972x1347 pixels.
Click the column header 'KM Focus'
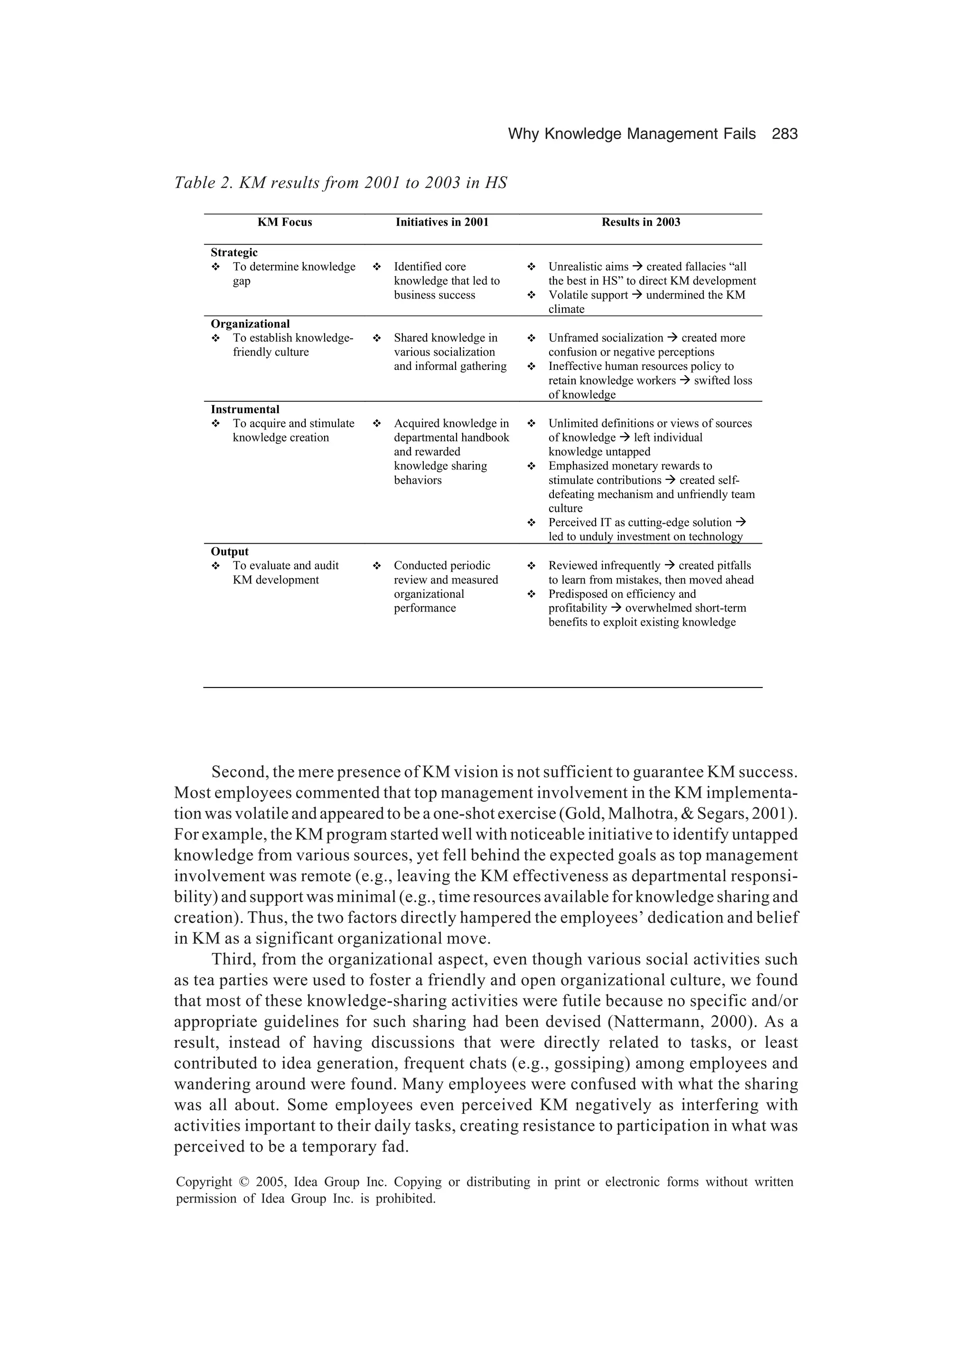(x=284, y=222)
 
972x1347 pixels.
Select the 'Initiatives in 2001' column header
(x=442, y=222)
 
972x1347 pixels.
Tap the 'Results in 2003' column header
(x=641, y=222)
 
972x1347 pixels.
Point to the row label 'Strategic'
(x=234, y=253)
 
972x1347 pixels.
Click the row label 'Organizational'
(x=250, y=324)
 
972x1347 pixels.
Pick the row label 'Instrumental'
(x=244, y=409)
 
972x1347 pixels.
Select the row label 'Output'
(x=229, y=551)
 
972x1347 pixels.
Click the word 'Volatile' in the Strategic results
(x=568, y=295)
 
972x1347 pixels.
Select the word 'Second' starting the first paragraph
(x=239, y=772)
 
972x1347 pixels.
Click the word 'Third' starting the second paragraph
(x=232, y=960)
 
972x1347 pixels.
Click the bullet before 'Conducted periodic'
(x=376, y=566)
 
